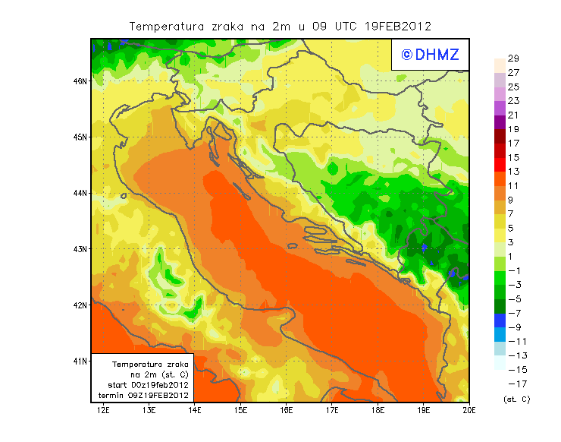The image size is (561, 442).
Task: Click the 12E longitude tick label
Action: [103, 410]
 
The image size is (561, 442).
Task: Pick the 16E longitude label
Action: [286, 410]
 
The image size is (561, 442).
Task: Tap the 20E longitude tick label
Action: [469, 410]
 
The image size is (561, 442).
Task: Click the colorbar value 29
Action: [513, 58]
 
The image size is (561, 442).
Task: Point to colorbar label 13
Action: [513, 172]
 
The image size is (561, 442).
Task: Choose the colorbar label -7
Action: [512, 313]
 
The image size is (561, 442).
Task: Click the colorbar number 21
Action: [513, 115]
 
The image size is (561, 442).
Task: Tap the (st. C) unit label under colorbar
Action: [516, 399]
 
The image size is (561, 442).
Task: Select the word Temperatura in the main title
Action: [167, 26]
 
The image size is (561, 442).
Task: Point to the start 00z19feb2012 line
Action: [144, 385]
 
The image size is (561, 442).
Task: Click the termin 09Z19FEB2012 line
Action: [144, 395]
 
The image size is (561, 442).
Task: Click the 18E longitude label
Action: [378, 410]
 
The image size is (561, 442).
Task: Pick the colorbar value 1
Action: [513, 257]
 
